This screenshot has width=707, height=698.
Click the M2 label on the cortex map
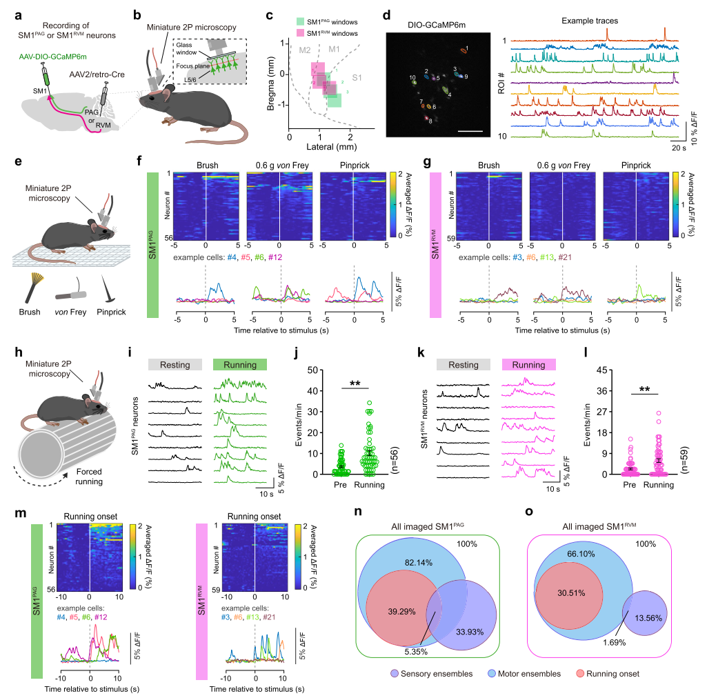point(306,50)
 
